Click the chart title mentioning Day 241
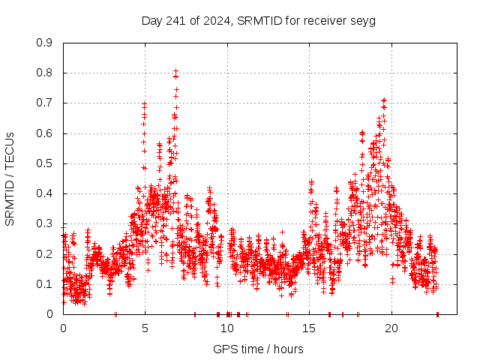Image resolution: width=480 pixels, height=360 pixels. pos(258,20)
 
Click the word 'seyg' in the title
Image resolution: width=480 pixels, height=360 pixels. pos(362,20)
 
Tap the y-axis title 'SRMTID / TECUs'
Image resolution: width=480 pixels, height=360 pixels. pos(10,178)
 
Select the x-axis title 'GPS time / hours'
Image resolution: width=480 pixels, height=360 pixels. pos(258,349)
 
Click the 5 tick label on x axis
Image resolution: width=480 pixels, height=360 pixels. pos(145,328)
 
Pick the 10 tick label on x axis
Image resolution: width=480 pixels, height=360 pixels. pos(227,328)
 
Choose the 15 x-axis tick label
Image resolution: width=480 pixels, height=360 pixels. pos(310,328)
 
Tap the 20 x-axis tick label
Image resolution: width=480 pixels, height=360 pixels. pos(391,328)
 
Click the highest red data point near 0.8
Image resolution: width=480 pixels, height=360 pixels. pos(175,71)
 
